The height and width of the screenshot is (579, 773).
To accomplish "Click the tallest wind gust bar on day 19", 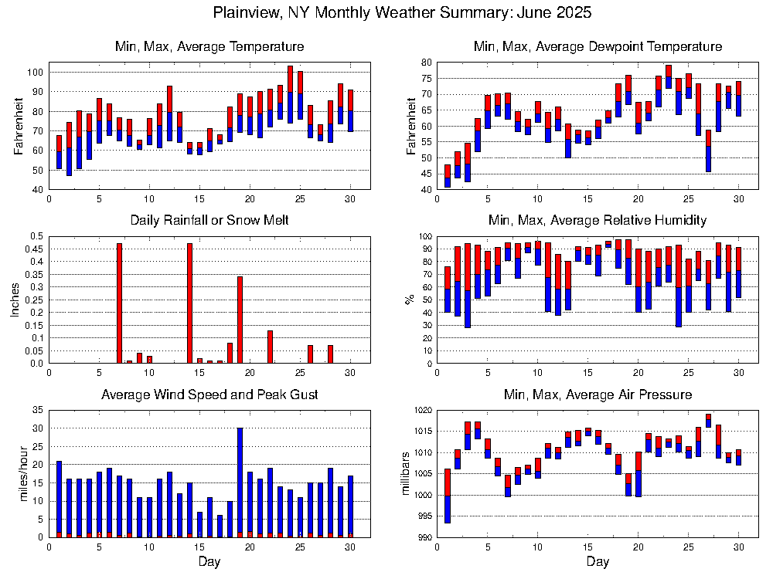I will pos(240,482).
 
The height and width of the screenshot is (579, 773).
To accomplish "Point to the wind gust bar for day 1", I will pos(59,499).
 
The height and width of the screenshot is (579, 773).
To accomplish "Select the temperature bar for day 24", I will pos(290,94).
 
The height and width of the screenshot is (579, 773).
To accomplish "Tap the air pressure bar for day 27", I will pos(708,421).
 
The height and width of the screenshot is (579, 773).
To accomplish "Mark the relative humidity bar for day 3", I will pos(467,285).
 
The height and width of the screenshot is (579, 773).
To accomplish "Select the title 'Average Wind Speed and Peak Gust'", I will pos(209,395).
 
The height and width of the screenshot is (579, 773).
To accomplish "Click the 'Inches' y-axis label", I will pos(15,300).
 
